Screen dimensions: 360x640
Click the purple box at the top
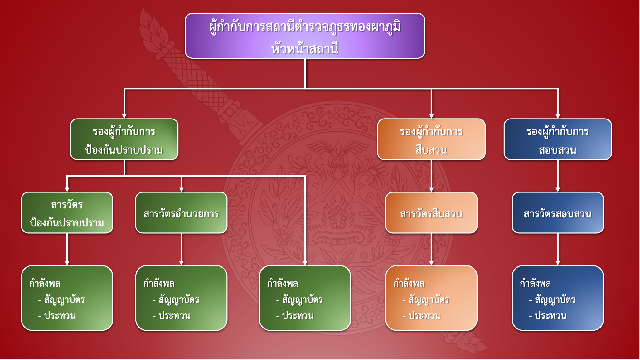pyautogui.click(x=305, y=36)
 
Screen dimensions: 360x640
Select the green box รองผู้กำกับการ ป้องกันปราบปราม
pyautogui.click(x=124, y=139)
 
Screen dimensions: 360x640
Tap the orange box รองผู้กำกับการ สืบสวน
pyautogui.click(x=431, y=139)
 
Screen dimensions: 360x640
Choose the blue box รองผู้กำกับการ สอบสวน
pyautogui.click(x=557, y=139)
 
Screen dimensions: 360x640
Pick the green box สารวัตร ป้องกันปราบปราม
pyautogui.click(x=67, y=213)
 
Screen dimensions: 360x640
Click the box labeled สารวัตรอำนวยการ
pyautogui.click(x=181, y=213)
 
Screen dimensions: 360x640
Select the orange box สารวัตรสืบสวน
pyautogui.click(x=431, y=213)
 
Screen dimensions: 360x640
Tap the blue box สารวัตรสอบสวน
pyautogui.click(x=557, y=213)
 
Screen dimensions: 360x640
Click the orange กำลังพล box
pyautogui.click(x=431, y=298)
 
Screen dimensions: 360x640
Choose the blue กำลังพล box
pyautogui.click(x=557, y=298)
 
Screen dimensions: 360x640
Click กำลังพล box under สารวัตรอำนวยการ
pyautogui.click(x=181, y=298)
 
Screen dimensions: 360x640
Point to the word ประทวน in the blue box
pyautogui.click(x=550, y=316)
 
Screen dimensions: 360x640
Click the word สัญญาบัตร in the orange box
pyautogui.click(x=429, y=300)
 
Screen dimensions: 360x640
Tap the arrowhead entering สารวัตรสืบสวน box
pyautogui.click(x=431, y=189)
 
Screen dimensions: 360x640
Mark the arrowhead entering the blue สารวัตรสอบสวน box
pyautogui.click(x=558, y=189)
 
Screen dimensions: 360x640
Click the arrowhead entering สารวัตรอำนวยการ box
pyautogui.click(x=182, y=189)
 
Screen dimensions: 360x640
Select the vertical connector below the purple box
pyautogui.click(x=305, y=73)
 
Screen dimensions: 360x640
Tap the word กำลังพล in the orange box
pyautogui.click(x=409, y=284)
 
